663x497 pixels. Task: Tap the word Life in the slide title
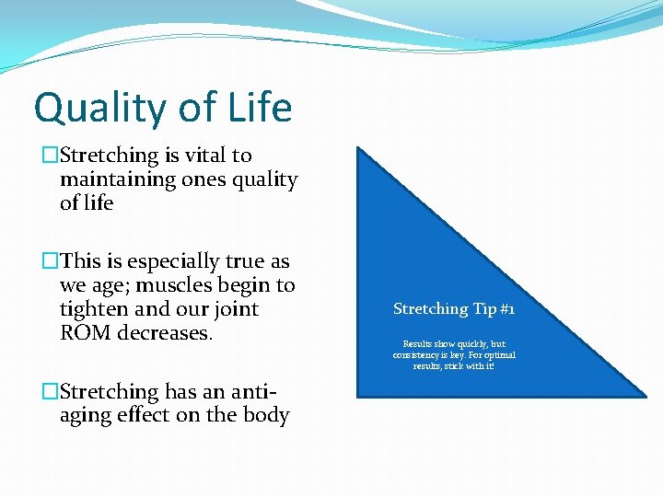pos(255,107)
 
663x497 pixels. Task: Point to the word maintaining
pos(117,179)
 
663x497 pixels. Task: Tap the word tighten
pos(94,309)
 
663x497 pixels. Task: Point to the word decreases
pos(167,332)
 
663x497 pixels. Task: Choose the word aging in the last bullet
pos(89,416)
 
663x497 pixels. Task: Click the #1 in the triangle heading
pos(506,309)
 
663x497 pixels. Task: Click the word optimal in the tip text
pos(497,354)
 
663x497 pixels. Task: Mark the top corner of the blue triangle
pos(358,148)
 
